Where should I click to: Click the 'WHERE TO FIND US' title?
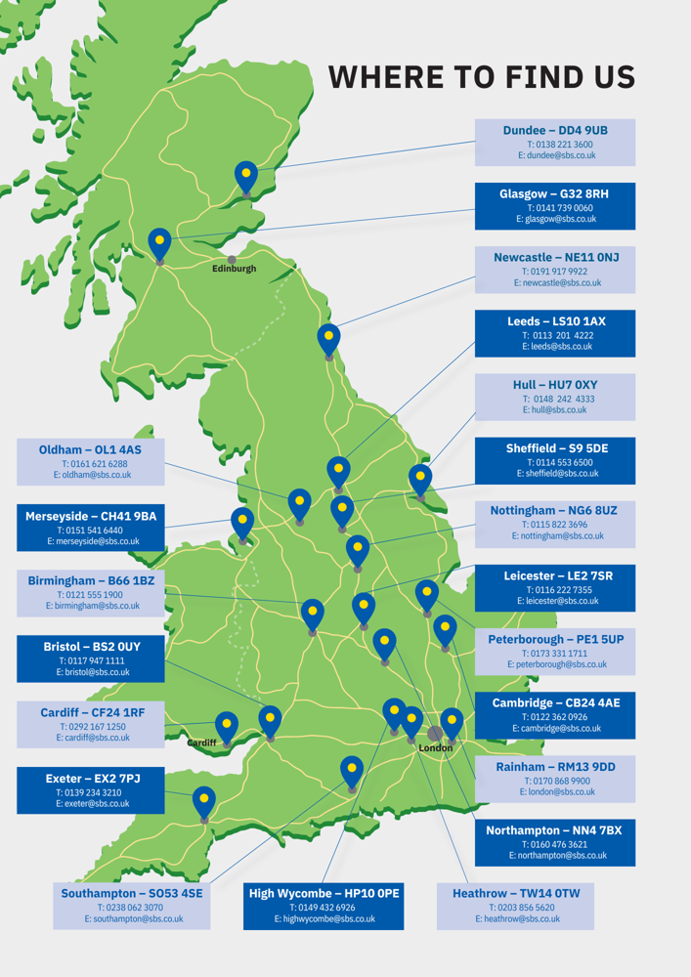point(481,76)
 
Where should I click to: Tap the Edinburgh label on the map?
point(234,269)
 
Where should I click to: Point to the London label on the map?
point(435,748)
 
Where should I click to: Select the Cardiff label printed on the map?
point(201,743)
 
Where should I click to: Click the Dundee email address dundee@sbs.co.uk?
point(556,155)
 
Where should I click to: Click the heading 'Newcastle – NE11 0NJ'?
point(555,257)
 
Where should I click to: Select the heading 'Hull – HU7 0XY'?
point(555,385)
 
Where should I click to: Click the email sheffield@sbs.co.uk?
point(555,474)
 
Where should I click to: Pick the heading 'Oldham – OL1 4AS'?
point(90,449)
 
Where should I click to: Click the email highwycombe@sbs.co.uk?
point(324,919)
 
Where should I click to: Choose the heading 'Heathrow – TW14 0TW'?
point(516,894)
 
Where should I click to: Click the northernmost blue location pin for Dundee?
point(246,177)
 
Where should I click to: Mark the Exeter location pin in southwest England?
point(203,801)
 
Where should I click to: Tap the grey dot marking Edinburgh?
point(232,260)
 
